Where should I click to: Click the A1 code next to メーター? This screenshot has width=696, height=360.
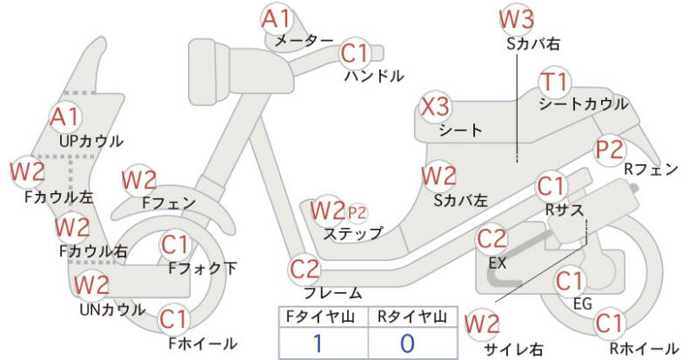pyautogui.click(x=276, y=18)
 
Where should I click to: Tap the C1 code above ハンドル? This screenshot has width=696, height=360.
pyautogui.click(x=356, y=53)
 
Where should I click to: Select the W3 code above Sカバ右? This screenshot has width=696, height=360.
pyautogui.click(x=516, y=18)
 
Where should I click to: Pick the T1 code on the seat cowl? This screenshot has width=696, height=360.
pyautogui.click(x=555, y=82)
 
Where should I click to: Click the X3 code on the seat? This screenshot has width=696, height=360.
pyautogui.click(x=435, y=107)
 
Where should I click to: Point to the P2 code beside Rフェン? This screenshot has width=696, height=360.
pyautogui.click(x=610, y=150)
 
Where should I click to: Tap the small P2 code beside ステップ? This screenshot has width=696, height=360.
pyautogui.click(x=357, y=214)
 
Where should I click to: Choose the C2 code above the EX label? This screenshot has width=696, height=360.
pyautogui.click(x=492, y=238)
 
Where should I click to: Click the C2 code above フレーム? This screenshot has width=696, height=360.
pyautogui.click(x=305, y=269)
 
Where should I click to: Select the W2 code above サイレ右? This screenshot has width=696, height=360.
pyautogui.click(x=482, y=324)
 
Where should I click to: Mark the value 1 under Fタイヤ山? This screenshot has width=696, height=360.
pyautogui.click(x=318, y=343)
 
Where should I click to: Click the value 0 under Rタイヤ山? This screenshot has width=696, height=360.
pyautogui.click(x=407, y=343)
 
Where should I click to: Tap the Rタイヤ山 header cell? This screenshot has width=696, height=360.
pyautogui.click(x=412, y=317)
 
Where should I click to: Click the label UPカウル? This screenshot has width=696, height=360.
pyautogui.click(x=91, y=141)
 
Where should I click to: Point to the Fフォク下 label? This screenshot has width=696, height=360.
pyautogui.click(x=203, y=268)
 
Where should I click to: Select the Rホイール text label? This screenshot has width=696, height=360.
pyautogui.click(x=643, y=348)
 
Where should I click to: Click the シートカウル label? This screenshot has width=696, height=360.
pyautogui.click(x=583, y=103)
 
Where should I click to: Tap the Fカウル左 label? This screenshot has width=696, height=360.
pyautogui.click(x=59, y=197)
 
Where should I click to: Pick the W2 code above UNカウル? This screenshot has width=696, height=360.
pyautogui.click(x=91, y=284)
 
